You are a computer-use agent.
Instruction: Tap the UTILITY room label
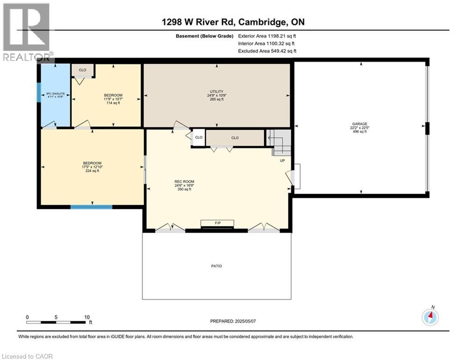[216, 91]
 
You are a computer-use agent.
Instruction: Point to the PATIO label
[216, 266]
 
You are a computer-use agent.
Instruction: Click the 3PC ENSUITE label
[54, 94]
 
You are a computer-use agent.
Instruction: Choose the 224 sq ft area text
[92, 171]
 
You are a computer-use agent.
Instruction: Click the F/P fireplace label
[217, 223]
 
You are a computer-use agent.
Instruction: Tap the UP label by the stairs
[282, 160]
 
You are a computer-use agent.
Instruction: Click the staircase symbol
[279, 142]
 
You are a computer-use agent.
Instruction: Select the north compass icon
[430, 317]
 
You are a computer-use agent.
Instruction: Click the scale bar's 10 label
[87, 317]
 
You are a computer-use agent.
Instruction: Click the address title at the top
[234, 22]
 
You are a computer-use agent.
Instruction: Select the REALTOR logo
[26, 32]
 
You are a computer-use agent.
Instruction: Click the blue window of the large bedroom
[91, 207]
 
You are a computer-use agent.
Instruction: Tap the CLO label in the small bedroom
[82, 70]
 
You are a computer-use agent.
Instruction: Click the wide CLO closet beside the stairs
[235, 138]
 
